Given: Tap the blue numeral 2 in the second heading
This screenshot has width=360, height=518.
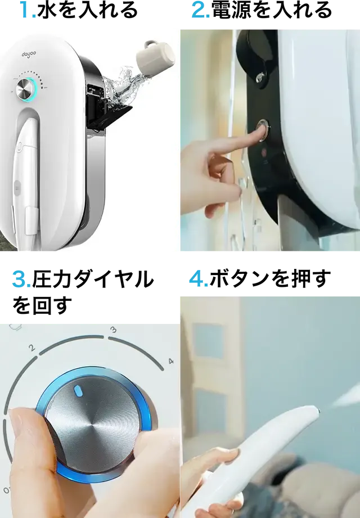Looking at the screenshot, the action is click(198, 10).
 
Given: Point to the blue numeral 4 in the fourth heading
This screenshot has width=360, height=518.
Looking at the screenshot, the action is click(196, 279).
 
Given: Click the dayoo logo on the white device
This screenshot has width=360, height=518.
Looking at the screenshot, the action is click(29, 54).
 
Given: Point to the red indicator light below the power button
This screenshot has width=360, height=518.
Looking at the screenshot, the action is click(264, 152).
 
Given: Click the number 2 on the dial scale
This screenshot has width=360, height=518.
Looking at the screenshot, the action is click(32, 348).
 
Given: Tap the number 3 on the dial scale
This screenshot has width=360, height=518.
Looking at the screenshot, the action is click(113, 330).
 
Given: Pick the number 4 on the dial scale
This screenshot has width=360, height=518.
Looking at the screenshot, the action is click(171, 361).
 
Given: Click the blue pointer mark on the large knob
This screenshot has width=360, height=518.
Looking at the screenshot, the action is click(78, 391).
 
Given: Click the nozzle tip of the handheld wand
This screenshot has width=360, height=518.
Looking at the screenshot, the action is click(317, 411).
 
